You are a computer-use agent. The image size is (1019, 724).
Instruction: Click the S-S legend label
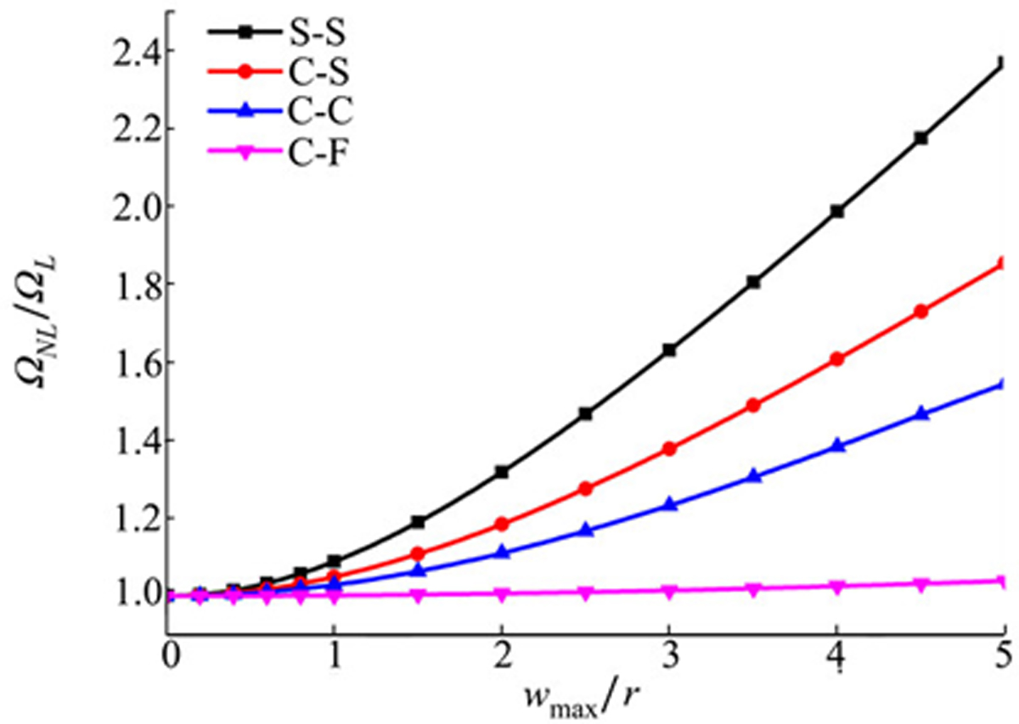pos(303,34)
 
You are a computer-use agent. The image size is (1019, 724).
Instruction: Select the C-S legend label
pos(303,74)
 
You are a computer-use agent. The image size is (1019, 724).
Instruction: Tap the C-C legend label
pos(303,114)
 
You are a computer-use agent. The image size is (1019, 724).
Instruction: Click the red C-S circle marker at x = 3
pos(669,448)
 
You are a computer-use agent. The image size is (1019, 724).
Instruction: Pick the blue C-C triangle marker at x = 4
pos(837,445)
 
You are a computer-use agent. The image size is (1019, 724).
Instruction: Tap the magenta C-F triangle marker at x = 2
pos(502,594)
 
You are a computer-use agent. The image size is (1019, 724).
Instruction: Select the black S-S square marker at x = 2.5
pos(586,413)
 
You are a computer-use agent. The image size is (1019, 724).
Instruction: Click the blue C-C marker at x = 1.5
pos(419,570)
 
